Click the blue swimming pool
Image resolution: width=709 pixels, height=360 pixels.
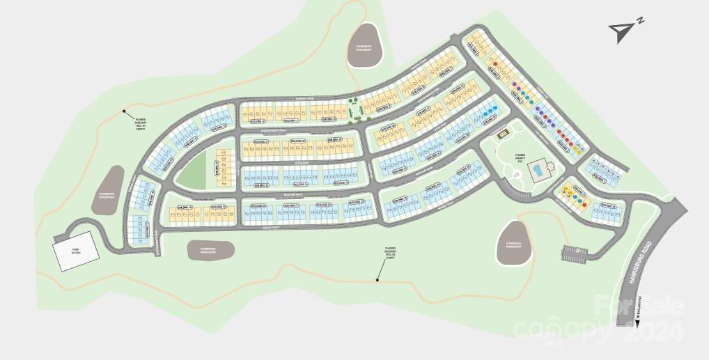(x=538, y=170)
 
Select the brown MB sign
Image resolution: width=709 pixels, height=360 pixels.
(x=501, y=133)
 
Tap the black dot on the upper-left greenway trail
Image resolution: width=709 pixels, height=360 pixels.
(x=125, y=111)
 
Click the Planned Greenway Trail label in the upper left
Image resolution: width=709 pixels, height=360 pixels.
(x=141, y=123)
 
